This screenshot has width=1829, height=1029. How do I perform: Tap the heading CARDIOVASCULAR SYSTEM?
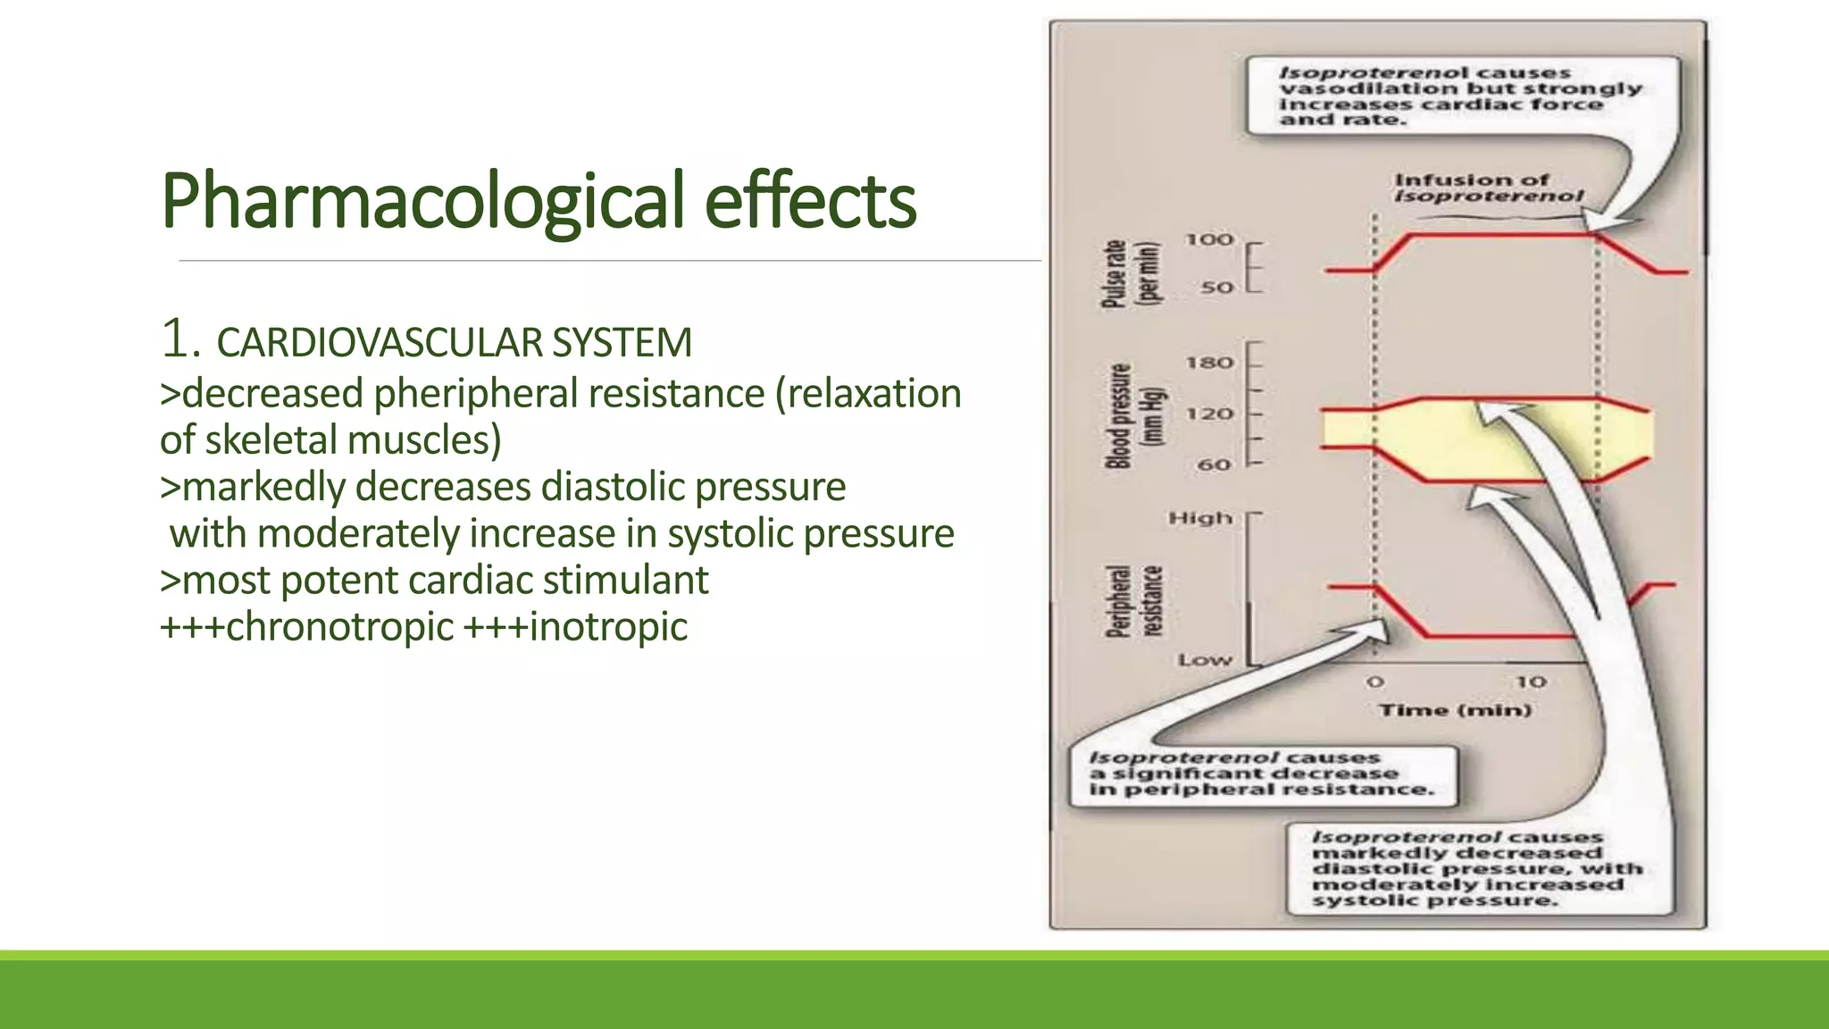[x=454, y=343]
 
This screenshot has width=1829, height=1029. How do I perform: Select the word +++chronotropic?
[x=306, y=626]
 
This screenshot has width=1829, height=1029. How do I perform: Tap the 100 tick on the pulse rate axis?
[x=1209, y=239]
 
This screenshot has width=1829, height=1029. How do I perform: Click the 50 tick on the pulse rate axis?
[x=1216, y=288]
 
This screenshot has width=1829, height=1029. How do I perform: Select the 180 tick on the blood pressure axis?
[x=1209, y=363]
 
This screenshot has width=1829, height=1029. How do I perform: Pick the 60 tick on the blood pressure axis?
[x=1214, y=464]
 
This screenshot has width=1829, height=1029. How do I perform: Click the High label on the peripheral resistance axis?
[x=1200, y=518]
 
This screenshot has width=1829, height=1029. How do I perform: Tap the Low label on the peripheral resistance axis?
[x=1205, y=660]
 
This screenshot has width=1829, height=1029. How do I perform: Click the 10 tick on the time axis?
[x=1531, y=682]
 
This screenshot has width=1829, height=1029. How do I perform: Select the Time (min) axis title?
[x=1455, y=710]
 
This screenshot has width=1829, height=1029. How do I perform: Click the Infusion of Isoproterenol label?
[x=1488, y=188]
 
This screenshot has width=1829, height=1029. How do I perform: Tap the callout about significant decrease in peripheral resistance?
[x=1261, y=774]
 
